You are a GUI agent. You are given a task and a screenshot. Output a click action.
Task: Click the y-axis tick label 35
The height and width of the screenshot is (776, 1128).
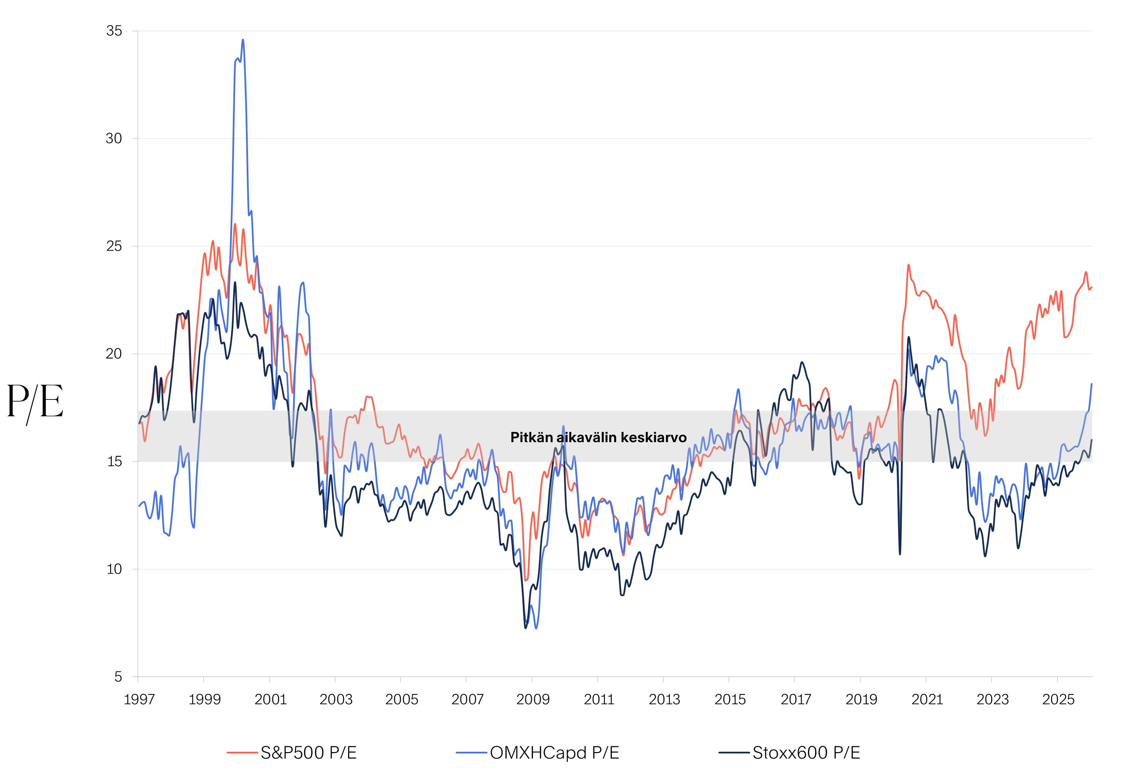114,31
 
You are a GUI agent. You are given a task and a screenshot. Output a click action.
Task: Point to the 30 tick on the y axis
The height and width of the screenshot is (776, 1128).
114,139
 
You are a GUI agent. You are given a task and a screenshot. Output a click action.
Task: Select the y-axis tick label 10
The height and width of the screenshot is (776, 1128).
114,569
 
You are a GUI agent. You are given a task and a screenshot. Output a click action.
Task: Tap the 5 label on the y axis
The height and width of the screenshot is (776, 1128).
118,677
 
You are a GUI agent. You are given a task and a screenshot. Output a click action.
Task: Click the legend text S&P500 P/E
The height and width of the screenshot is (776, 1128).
308,753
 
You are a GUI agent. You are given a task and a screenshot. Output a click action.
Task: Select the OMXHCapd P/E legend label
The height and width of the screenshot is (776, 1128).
554,753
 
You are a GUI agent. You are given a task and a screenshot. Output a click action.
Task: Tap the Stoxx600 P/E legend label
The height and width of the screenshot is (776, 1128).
806,753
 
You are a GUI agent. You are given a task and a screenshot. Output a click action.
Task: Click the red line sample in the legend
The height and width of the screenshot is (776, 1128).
242,753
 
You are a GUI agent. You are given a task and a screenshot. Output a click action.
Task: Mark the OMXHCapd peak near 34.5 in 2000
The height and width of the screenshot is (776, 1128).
243,40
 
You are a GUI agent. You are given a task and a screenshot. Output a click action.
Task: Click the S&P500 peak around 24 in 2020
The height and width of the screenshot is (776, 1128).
908,266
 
